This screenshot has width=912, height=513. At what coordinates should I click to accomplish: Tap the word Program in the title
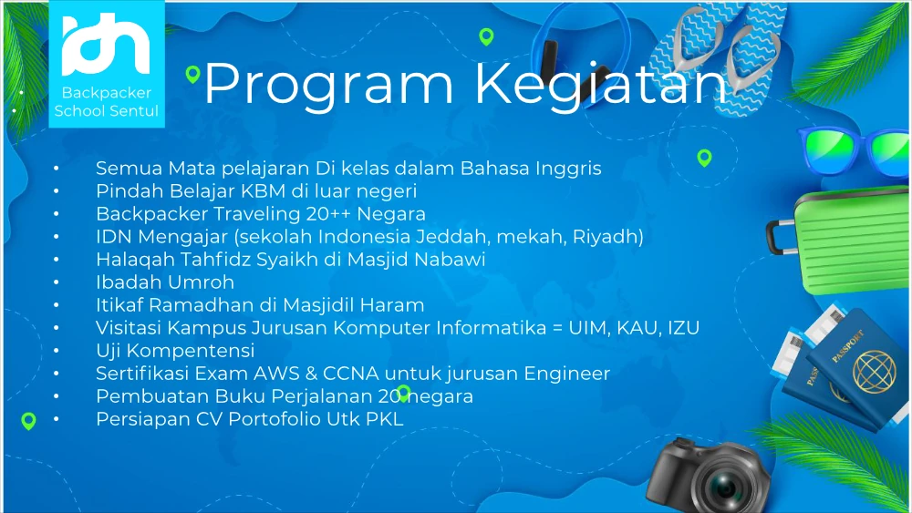coord(328,86)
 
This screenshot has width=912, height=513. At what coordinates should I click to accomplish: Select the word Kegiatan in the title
coord(602,86)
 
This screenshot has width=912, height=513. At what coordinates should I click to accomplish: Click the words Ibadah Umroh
coord(165,282)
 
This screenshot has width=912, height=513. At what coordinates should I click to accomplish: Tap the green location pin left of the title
coord(192,75)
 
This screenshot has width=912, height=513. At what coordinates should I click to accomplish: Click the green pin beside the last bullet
coord(28,421)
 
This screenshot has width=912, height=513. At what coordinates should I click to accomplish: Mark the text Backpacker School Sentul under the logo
coord(107,102)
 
